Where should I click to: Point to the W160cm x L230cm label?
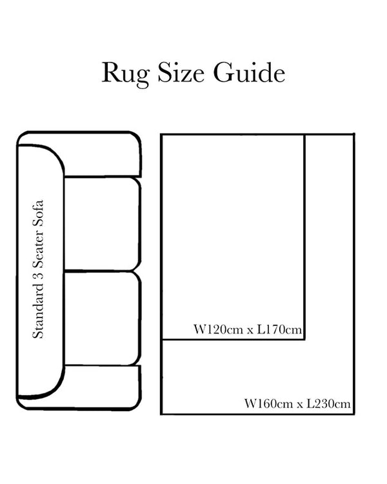297,405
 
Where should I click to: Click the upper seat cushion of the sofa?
102,223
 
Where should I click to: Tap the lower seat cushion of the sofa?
102,318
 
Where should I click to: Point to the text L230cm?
328,405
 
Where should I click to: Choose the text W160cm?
264,405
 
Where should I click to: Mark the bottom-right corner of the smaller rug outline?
304,338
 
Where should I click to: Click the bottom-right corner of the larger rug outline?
353,414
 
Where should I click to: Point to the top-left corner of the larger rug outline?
161,134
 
